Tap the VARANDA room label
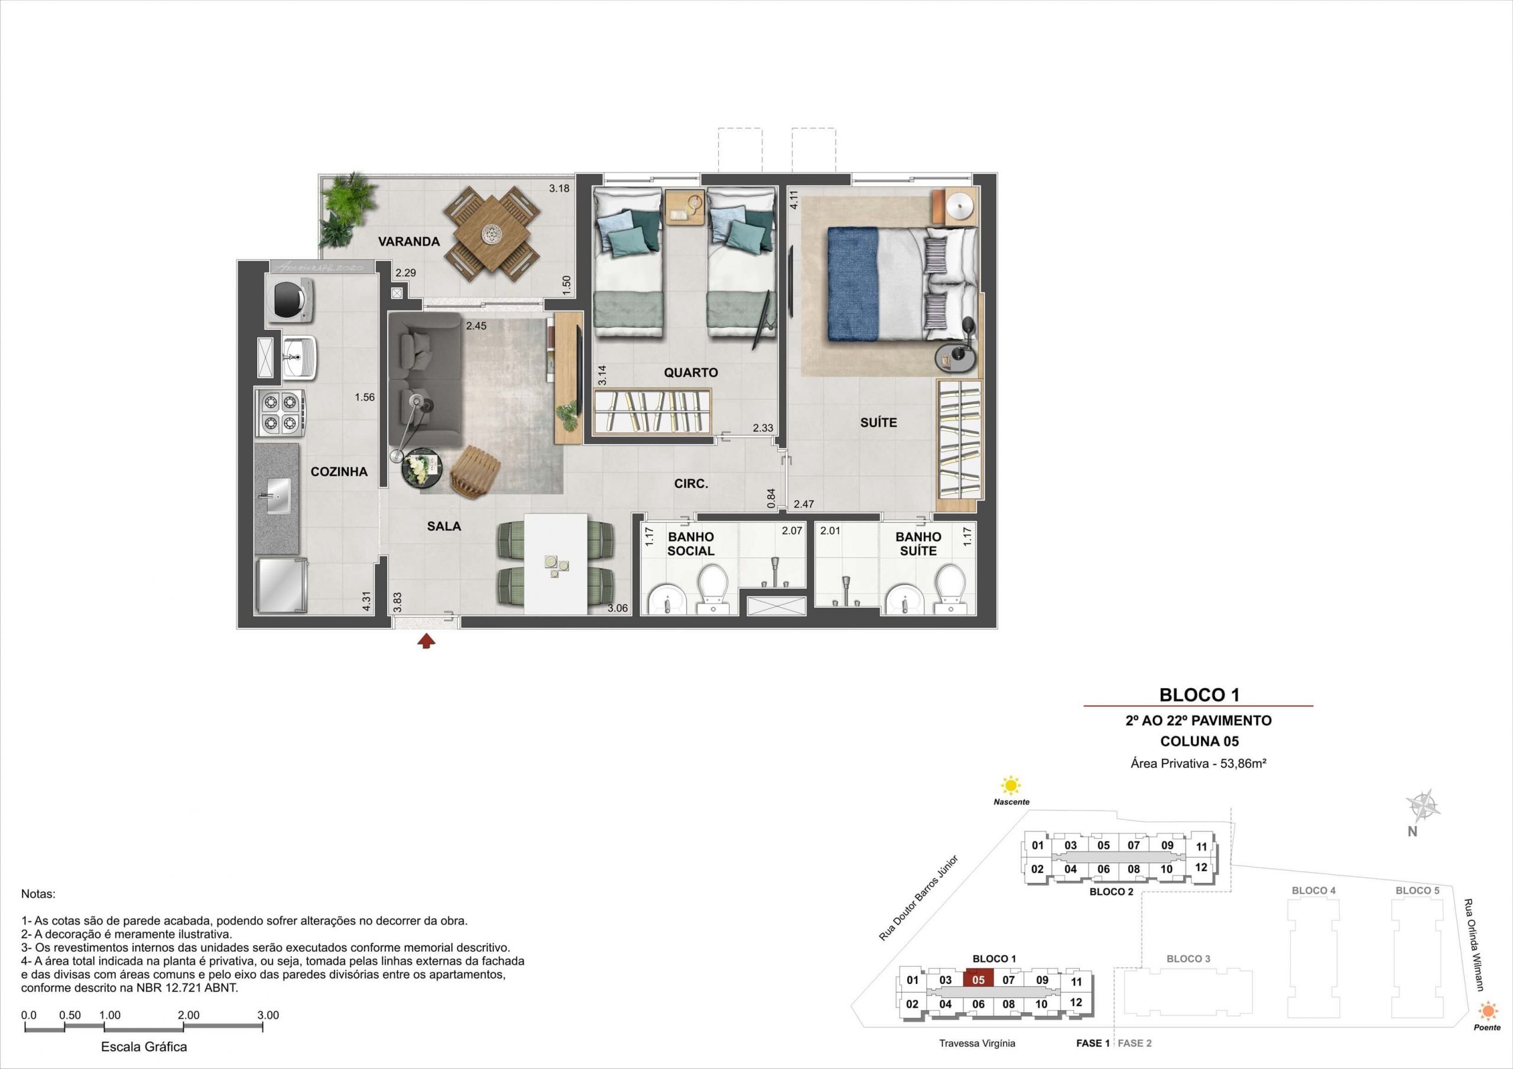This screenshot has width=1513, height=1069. (408, 242)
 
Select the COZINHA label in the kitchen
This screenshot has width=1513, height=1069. (339, 471)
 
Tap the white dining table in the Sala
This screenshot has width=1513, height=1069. (556, 564)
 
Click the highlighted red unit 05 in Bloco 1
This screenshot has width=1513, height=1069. (978, 979)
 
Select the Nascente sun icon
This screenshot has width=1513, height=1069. (1010, 786)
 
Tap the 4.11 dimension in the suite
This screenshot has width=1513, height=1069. (795, 199)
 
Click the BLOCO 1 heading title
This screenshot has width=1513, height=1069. (1199, 694)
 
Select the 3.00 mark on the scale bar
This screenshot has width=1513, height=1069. (268, 1015)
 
